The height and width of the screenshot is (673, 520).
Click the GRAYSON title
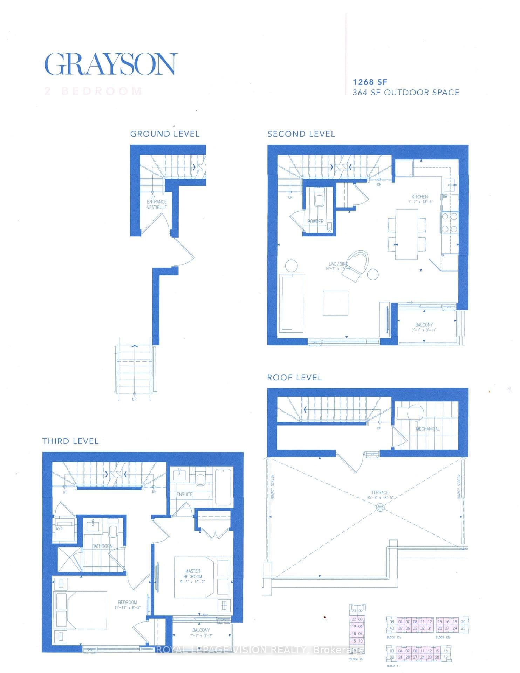[x=110, y=64]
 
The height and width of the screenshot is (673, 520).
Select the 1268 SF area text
[x=370, y=82]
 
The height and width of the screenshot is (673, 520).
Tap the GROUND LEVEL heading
[x=165, y=134]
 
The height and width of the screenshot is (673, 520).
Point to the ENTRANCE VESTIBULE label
[x=157, y=204]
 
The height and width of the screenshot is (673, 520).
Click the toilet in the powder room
[x=319, y=200]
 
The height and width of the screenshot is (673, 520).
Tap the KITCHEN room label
[x=419, y=197]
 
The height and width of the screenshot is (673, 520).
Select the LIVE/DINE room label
[x=338, y=264]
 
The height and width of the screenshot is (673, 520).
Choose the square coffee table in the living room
[x=335, y=303]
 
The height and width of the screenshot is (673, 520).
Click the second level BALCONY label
[x=424, y=325]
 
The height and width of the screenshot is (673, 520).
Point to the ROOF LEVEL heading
[x=294, y=378]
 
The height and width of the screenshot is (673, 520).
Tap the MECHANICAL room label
[x=427, y=429]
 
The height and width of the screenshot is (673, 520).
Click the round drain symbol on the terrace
[x=380, y=508]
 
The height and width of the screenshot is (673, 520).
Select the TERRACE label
[x=380, y=492]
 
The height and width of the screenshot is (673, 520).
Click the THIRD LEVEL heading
[x=70, y=441]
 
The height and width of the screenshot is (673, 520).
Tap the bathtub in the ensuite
[x=223, y=485]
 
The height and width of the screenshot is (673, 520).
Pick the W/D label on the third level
[x=59, y=528]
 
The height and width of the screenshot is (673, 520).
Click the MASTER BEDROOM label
[x=193, y=574]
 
